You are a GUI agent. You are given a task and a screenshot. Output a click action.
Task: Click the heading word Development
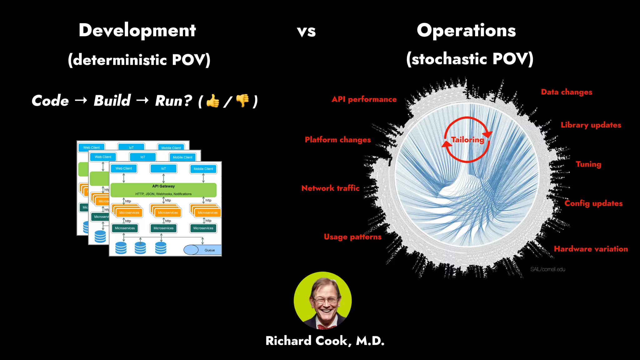pos(137,31)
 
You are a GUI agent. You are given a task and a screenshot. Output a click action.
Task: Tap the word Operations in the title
pos(466,31)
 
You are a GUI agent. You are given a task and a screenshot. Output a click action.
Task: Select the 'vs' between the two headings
pos(306,32)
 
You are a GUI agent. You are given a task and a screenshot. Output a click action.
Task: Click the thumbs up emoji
pos(213,101)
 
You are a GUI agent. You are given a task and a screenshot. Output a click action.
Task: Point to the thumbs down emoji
pos(242,101)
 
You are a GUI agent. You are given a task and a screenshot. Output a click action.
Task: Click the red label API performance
pos(364,99)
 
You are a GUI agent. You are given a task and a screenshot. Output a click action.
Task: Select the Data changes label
pos(567,92)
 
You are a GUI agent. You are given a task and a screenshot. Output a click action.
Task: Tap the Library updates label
pos(591,125)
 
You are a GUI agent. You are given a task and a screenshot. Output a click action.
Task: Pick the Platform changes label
pos(338,140)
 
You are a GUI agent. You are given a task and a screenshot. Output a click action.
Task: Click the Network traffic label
pos(330,188)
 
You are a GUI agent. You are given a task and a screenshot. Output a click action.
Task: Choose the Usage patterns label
pos(352,237)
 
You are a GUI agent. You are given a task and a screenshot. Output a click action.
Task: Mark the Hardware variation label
pos(591,249)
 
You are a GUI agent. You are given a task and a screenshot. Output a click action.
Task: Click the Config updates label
pos(593,203)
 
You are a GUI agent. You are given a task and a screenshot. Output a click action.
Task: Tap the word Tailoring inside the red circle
pos(467,140)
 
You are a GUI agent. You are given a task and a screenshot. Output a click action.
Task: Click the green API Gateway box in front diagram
pos(163,190)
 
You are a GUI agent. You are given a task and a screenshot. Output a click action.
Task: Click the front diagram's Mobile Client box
pos(203,169)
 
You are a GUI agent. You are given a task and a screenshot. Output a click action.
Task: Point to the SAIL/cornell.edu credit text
pos(547,269)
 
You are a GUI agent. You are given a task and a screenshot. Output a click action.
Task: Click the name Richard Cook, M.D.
pos(325,341)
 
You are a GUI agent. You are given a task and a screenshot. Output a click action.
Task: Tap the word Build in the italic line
pos(112,101)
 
